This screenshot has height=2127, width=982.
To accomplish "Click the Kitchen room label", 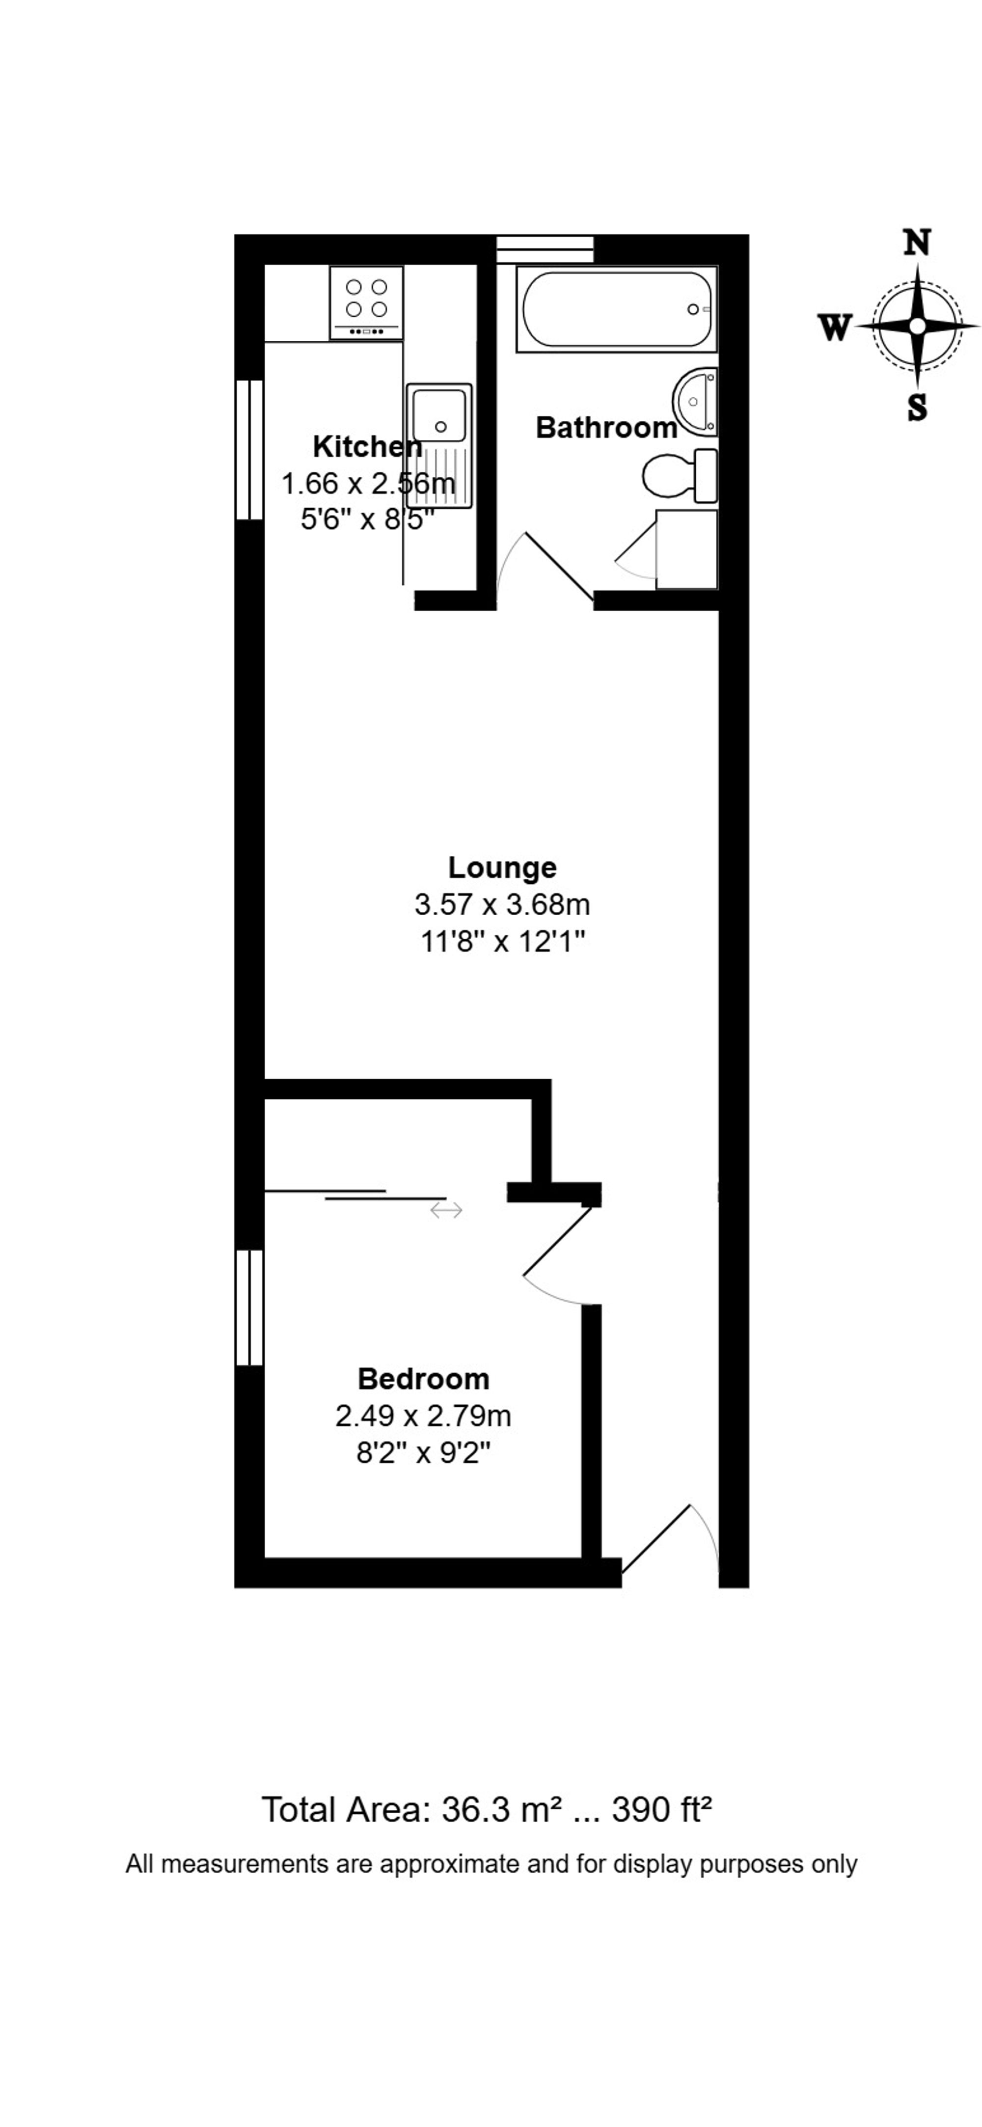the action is click(368, 447).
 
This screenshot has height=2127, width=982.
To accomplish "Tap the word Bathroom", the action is click(607, 428).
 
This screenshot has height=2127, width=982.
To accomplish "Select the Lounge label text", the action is click(502, 868).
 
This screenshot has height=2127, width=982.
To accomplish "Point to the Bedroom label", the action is click(424, 1379).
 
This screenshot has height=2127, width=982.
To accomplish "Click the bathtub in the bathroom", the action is click(617, 309).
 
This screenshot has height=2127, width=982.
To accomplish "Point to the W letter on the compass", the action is click(834, 328).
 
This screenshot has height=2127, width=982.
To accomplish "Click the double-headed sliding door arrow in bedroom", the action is click(446, 1211).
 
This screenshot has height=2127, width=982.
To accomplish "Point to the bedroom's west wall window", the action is click(249, 1319).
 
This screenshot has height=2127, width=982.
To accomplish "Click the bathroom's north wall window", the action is click(545, 249).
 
